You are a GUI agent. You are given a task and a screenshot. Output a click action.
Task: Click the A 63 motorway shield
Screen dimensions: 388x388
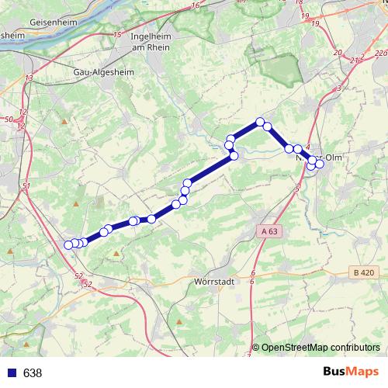click(x=268, y=231)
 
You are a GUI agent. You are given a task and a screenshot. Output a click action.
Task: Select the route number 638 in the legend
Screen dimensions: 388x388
click(x=33, y=372)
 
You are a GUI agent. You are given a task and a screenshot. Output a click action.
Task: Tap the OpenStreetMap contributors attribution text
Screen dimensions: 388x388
click(x=320, y=347)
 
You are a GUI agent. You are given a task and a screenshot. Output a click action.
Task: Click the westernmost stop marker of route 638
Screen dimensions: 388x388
click(x=68, y=245)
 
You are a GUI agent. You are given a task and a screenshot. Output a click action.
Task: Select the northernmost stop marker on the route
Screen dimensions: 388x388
click(x=261, y=122)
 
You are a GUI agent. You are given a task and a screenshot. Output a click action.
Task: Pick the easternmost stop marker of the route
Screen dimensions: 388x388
click(x=319, y=163)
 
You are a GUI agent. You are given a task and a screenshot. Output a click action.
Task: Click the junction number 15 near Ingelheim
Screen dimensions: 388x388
click(x=117, y=35)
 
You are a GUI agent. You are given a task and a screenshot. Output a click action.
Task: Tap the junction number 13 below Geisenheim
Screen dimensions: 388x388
click(x=29, y=78)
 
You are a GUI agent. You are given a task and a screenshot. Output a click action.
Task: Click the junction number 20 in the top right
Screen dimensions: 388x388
click(x=337, y=52)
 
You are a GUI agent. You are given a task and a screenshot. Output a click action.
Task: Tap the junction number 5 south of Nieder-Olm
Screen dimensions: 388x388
click(x=296, y=189)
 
